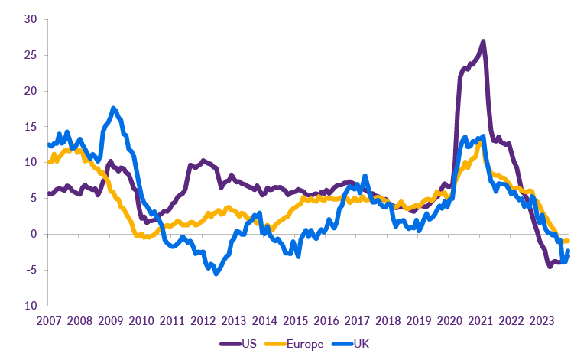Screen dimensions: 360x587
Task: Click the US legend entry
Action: coord(248,344)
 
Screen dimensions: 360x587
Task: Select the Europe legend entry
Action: coord(303,344)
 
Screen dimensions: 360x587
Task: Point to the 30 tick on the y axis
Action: coord(30,20)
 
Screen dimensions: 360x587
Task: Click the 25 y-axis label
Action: coord(30,55)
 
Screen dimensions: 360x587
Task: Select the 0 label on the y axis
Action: coord(34,234)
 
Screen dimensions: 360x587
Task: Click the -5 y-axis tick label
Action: coord(31,270)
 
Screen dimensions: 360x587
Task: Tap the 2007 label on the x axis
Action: coord(49,320)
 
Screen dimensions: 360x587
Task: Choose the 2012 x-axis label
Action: coord(203,320)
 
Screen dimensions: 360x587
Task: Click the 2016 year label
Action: coord(326,320)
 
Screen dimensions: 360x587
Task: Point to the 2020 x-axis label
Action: coord(449,320)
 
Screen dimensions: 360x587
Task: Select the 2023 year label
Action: coord(542,320)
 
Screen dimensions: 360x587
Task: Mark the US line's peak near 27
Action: coord(483,41)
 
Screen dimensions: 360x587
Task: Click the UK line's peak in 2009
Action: coord(113,109)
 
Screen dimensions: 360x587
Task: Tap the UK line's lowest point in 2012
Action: coord(216,273)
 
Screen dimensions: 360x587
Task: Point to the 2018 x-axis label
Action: coord(388,320)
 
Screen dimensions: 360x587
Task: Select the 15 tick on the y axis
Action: coord(30,127)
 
